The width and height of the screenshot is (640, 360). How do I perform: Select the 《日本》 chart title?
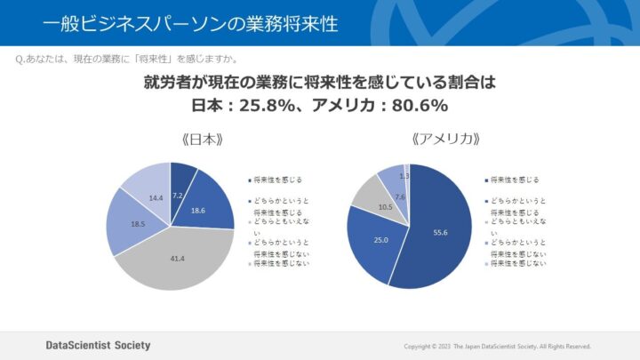point(170,140)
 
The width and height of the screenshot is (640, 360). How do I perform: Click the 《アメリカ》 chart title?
point(408,140)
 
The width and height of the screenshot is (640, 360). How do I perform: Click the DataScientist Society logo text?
point(98,345)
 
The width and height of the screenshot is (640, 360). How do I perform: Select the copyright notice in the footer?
point(497,346)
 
